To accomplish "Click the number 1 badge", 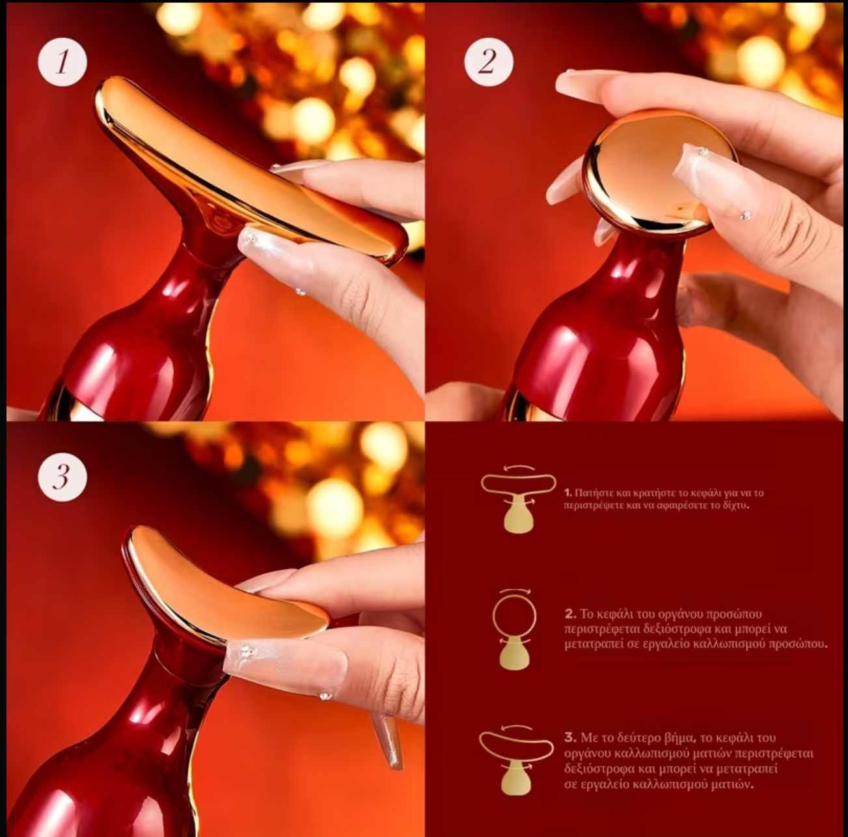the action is point(62,61).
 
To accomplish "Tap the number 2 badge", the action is point(489,61).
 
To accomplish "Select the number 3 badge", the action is point(62,478).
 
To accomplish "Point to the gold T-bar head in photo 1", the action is point(247,172).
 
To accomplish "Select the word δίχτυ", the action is point(735,505).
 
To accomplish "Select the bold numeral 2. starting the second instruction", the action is point(570,614).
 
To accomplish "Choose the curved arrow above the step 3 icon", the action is point(517,726).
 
